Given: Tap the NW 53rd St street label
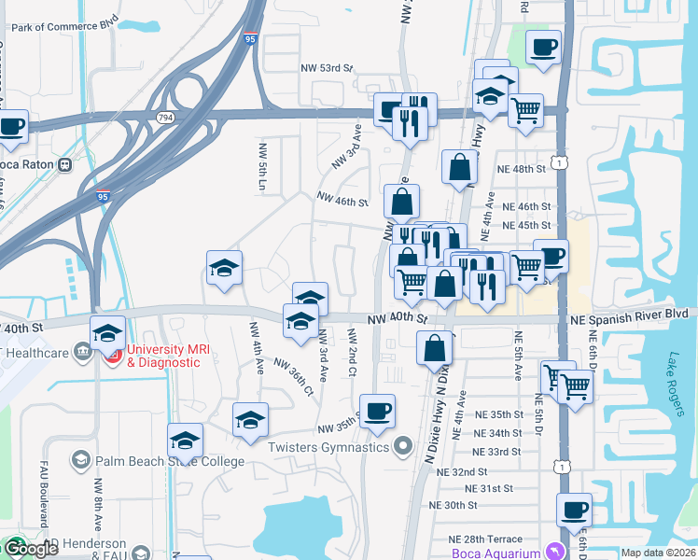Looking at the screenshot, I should pyautogui.click(x=328, y=68).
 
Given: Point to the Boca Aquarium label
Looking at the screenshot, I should pyautogui.click(x=496, y=553).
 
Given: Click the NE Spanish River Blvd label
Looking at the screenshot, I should pyautogui.click(x=634, y=315).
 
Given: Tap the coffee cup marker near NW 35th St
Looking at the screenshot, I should pyautogui.click(x=377, y=411).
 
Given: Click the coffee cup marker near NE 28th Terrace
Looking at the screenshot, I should pyautogui.click(x=574, y=510).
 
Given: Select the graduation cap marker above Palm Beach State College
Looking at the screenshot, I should pyautogui.click(x=185, y=440).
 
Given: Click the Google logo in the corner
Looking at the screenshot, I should pyautogui.click(x=31, y=549).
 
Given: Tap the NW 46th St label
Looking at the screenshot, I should pyautogui.click(x=342, y=200).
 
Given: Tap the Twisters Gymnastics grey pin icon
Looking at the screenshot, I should pyautogui.click(x=403, y=447).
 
